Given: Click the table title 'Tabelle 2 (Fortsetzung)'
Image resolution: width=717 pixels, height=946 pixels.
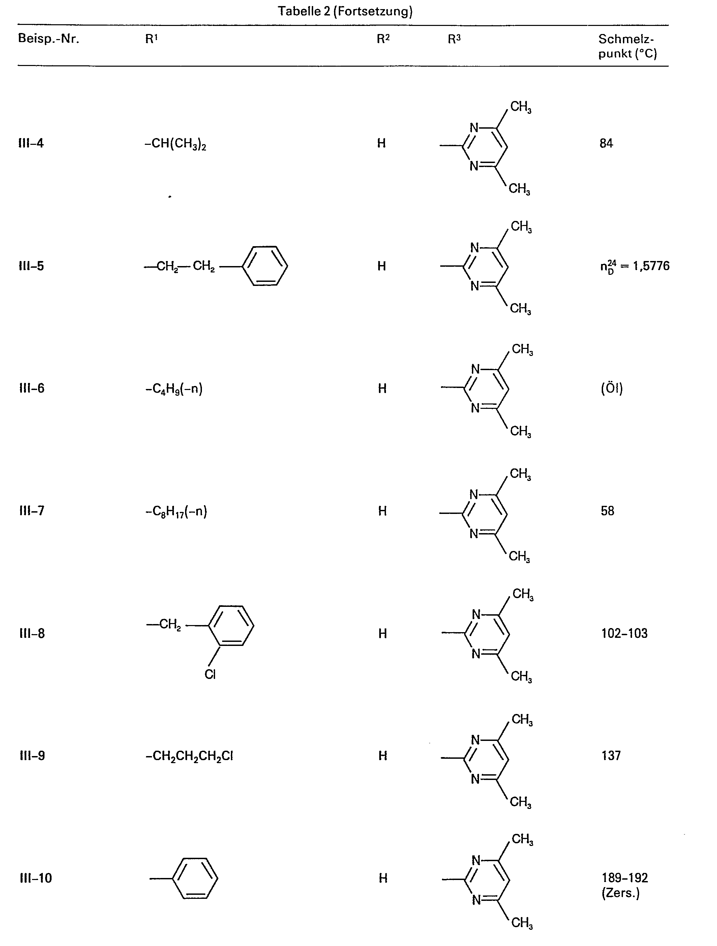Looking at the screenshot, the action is (x=345, y=11).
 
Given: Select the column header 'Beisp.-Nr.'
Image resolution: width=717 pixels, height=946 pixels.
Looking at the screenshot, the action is (x=48, y=39).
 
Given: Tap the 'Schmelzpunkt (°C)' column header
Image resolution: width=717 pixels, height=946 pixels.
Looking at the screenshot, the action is (x=627, y=46).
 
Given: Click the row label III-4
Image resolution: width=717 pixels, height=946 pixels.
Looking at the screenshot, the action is (x=31, y=143).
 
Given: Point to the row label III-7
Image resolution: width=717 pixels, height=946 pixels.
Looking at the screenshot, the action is (x=32, y=511).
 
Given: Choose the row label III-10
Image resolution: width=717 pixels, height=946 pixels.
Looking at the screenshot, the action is (x=36, y=878).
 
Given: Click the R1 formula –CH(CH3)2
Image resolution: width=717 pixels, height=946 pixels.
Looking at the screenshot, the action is (x=176, y=144).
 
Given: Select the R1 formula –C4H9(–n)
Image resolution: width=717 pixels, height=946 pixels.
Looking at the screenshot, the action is (x=174, y=389).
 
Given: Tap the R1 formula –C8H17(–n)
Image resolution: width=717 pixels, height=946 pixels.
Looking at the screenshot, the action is (x=176, y=512).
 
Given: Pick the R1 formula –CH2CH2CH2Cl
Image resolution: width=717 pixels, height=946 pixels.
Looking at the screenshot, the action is (x=189, y=756).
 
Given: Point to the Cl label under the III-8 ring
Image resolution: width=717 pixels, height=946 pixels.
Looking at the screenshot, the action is (x=210, y=675).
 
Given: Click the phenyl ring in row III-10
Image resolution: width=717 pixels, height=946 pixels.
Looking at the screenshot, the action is (x=195, y=878).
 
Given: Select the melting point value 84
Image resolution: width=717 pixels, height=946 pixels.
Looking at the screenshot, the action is (x=606, y=143).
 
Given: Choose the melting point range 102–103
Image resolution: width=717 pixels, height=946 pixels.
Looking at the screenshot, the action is (x=624, y=633).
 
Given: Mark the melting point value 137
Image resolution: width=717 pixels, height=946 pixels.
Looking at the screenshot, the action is (x=611, y=756).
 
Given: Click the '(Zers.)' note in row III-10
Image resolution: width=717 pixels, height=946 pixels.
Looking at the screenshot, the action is (x=620, y=893).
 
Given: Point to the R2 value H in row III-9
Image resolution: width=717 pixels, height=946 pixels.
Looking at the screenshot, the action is (x=383, y=756).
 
